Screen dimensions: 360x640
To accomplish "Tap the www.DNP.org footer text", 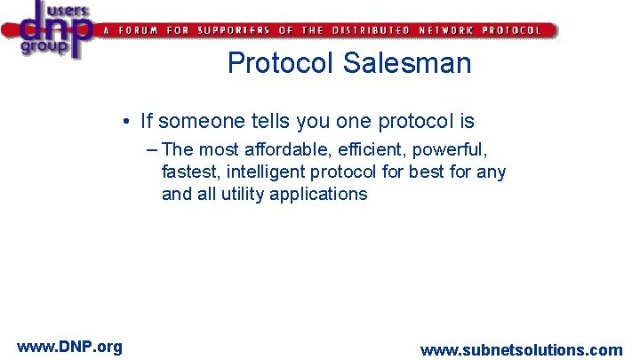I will click(x=69, y=346).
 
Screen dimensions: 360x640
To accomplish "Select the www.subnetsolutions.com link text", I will click(x=521, y=350).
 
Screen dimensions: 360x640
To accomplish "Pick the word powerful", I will click(x=455, y=149).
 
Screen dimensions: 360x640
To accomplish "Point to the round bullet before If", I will click(x=129, y=121).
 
